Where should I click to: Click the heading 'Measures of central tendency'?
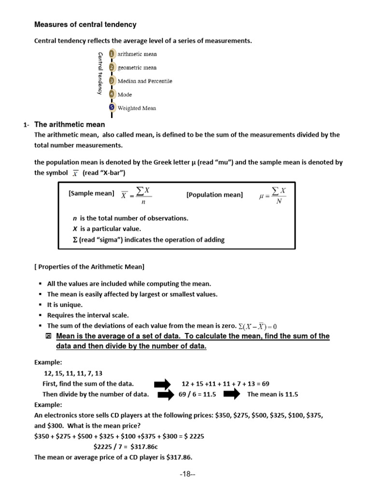pyautogui.click(x=85, y=25)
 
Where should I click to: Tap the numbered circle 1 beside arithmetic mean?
pyautogui.click(x=112, y=54)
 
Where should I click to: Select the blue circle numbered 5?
pyautogui.click(x=112, y=108)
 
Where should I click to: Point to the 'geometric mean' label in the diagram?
pyautogui.click(x=137, y=68)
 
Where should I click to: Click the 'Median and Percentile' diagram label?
pyautogui.click(x=145, y=81)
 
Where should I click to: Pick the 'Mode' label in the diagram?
pyautogui.click(x=125, y=95)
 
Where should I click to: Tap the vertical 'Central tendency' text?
pyautogui.click(x=100, y=73)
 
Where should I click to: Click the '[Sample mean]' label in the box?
pyautogui.click(x=91, y=193)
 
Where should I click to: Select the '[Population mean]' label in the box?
pyautogui.click(x=214, y=195)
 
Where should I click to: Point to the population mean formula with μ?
pyautogui.click(x=272, y=196)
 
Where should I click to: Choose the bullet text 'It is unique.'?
pyautogui.click(x=65, y=305)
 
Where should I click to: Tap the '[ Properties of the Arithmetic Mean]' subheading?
pyautogui.click(x=89, y=266)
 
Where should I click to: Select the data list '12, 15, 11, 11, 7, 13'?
pyautogui.click(x=73, y=373)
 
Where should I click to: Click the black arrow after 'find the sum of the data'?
pyautogui.click(x=162, y=384)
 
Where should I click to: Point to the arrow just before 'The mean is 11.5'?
pyautogui.click(x=232, y=394)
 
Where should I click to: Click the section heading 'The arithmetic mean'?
pyautogui.click(x=70, y=125)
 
